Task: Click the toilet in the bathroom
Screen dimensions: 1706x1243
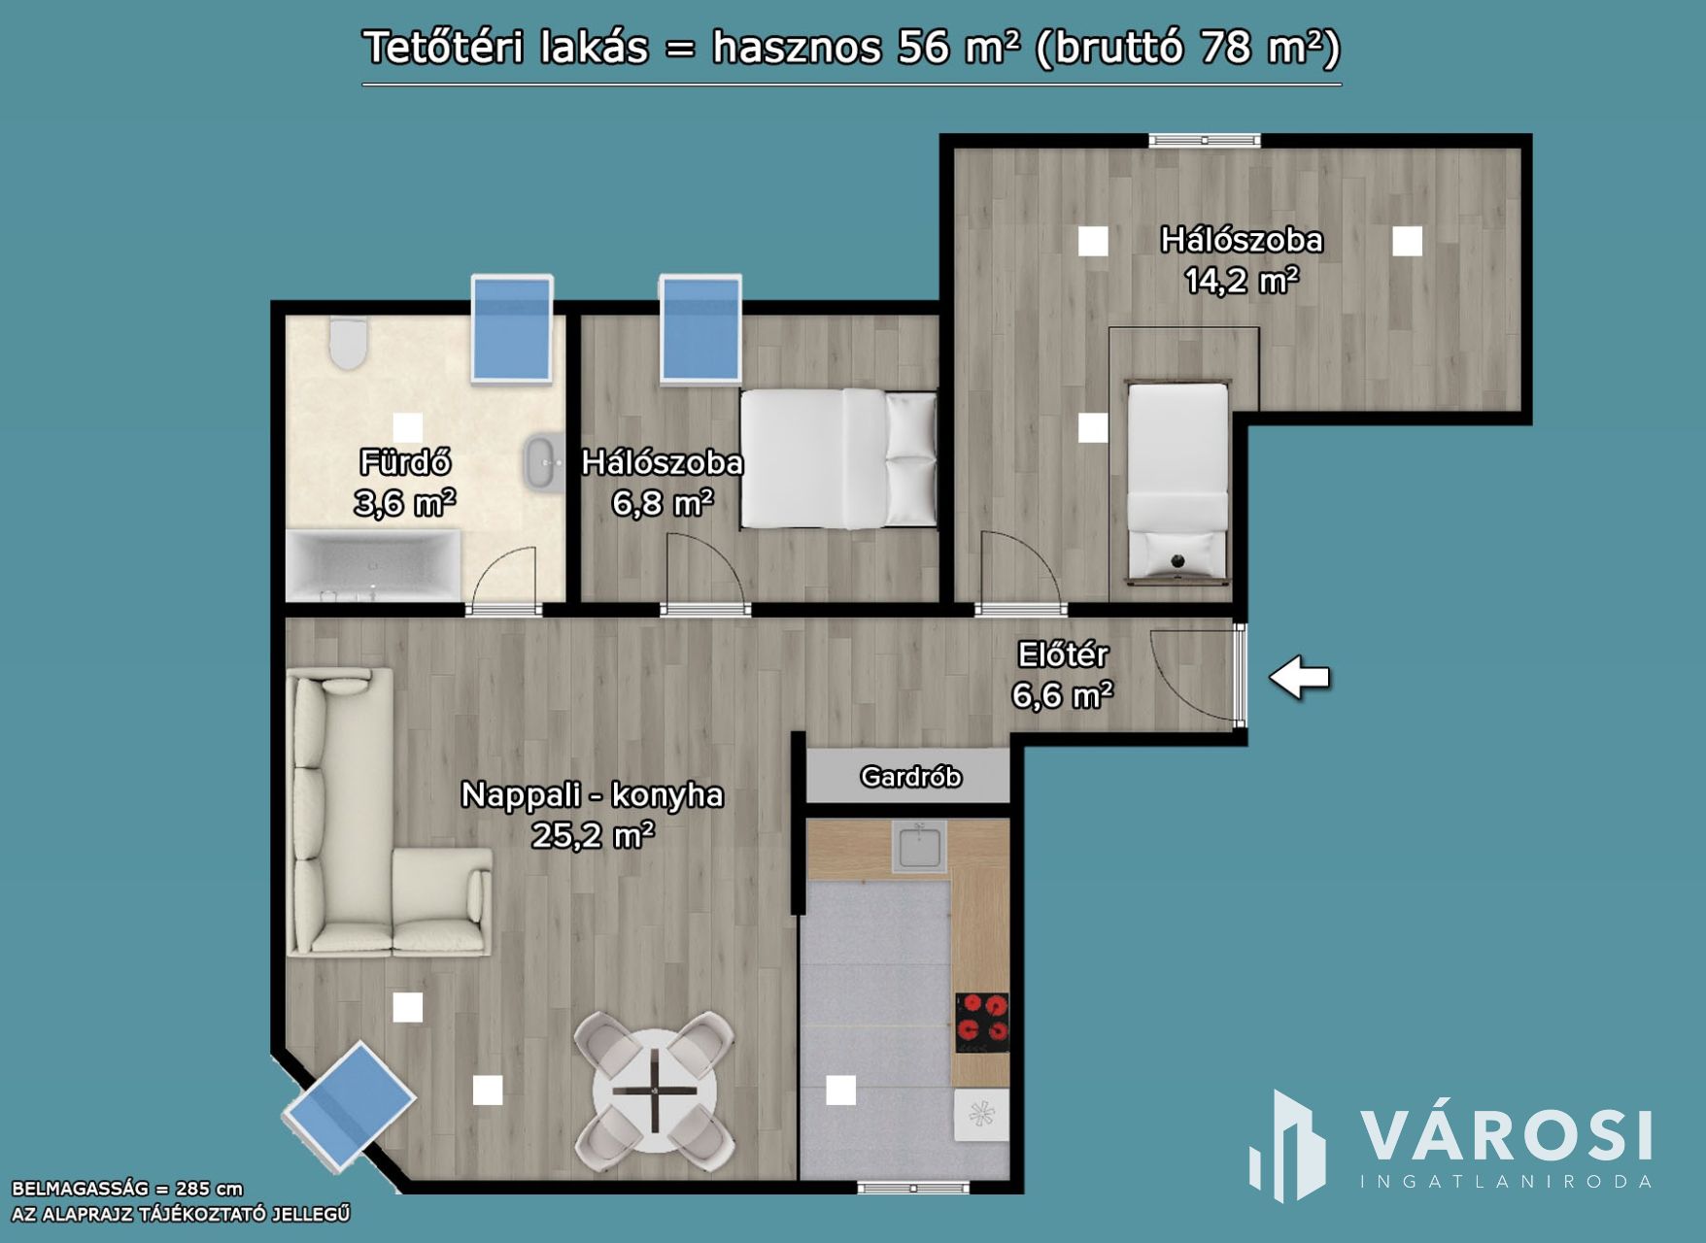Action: click(x=348, y=344)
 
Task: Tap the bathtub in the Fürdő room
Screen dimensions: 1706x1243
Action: click(x=374, y=566)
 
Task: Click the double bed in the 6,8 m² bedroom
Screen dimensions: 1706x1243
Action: click(x=838, y=459)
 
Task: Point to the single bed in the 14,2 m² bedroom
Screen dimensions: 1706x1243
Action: click(x=1177, y=483)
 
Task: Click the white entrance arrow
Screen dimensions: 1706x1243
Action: click(x=1299, y=677)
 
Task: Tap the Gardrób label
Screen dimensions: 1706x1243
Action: click(x=910, y=777)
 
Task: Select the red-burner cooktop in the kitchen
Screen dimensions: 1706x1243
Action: click(x=982, y=1023)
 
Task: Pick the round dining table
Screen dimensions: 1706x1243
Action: click(x=655, y=1092)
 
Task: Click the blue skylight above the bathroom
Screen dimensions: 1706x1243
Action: click(x=512, y=329)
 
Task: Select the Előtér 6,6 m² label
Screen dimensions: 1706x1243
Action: click(x=1063, y=675)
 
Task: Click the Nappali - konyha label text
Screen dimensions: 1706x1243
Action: click(x=592, y=795)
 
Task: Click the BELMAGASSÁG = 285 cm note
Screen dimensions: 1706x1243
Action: click(x=127, y=1189)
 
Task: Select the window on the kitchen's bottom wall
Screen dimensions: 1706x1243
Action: click(x=913, y=1187)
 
